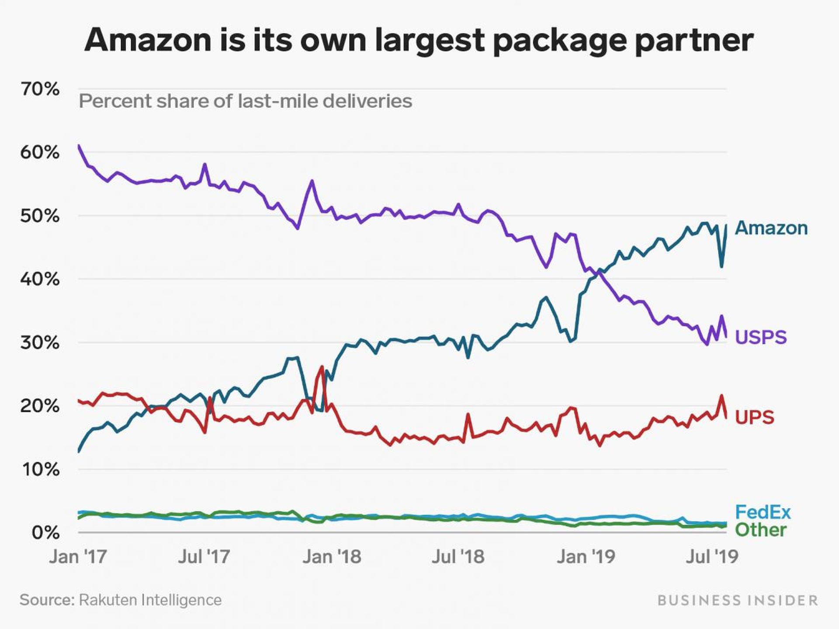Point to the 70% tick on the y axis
pyautogui.click(x=40, y=89)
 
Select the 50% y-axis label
pyautogui.click(x=40, y=216)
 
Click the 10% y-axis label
pyautogui.click(x=40, y=470)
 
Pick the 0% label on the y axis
pyautogui.click(x=45, y=532)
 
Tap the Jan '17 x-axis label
pyautogui.click(x=78, y=556)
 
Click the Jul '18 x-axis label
pyautogui.click(x=458, y=556)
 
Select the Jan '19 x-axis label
pyautogui.click(x=586, y=556)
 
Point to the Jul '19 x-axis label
pyautogui.click(x=712, y=556)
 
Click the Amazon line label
pyautogui.click(x=771, y=228)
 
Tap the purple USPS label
pyautogui.click(x=761, y=337)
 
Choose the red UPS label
pyautogui.click(x=755, y=417)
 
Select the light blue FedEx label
pyautogui.click(x=763, y=512)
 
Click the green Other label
pyautogui.click(x=761, y=530)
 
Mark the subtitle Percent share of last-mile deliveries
pyautogui.click(x=245, y=101)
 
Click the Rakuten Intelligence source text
pyautogui.click(x=150, y=600)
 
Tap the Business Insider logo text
pyautogui.click(x=738, y=600)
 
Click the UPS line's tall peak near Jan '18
pyautogui.click(x=322, y=367)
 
